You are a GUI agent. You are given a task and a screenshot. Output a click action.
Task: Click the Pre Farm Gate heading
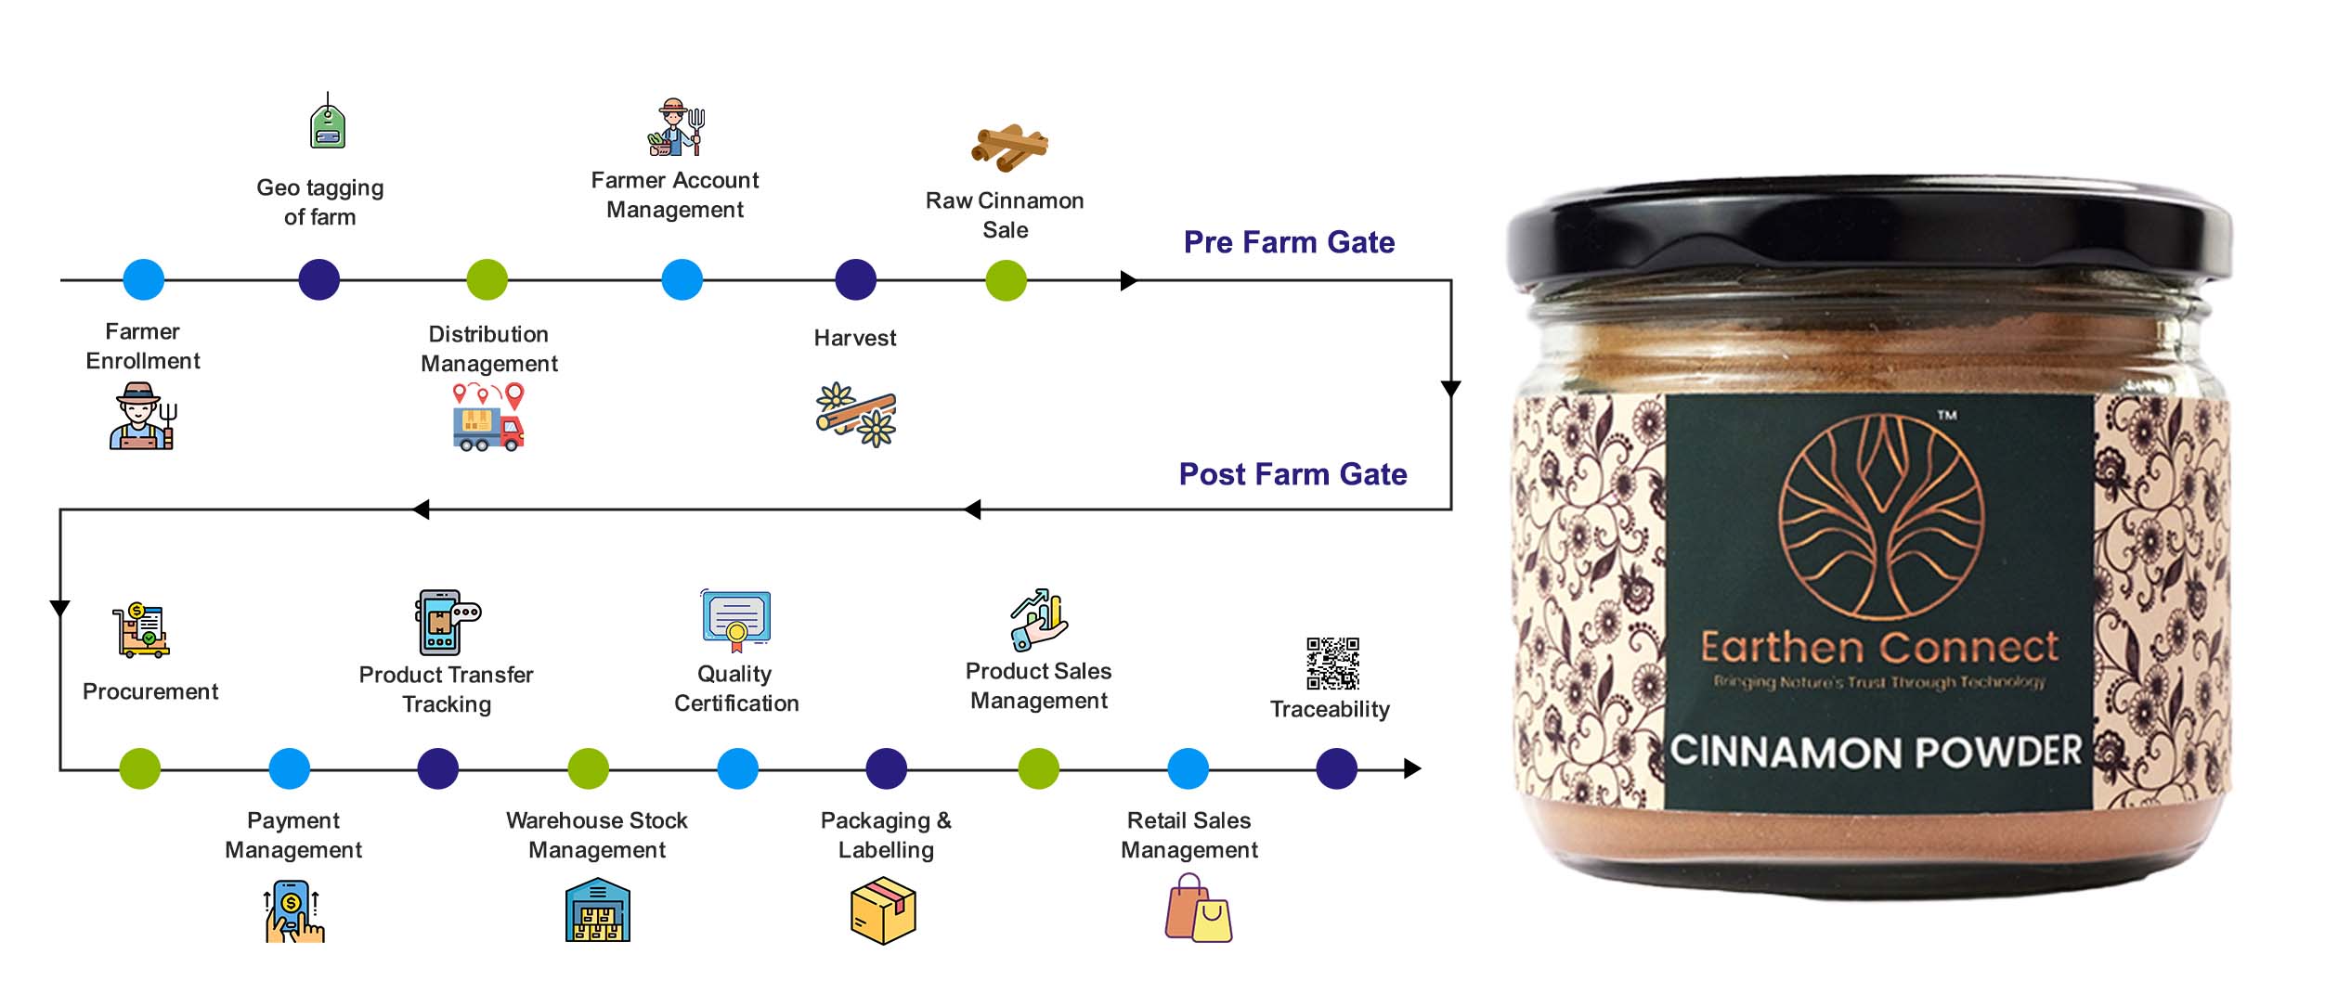(1289, 242)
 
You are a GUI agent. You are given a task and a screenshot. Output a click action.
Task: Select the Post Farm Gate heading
(1292, 474)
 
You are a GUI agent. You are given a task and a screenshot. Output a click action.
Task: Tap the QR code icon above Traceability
(1332, 663)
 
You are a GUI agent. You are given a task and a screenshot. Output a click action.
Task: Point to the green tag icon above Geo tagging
(327, 124)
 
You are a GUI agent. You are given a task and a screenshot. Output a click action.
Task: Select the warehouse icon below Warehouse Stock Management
(597, 912)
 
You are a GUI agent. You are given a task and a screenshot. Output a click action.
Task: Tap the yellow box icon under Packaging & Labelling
(883, 912)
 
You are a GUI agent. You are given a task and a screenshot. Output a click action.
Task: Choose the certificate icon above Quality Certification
(736, 620)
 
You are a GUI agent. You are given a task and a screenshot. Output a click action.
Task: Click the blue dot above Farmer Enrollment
(144, 279)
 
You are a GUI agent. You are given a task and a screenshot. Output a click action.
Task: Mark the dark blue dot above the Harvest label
(855, 279)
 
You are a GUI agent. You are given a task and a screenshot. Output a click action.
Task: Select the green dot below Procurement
(140, 768)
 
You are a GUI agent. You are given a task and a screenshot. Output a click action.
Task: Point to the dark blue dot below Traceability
(1336, 768)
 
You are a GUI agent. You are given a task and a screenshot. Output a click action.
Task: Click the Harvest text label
(854, 338)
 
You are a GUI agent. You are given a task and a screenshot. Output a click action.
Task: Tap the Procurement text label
(150, 691)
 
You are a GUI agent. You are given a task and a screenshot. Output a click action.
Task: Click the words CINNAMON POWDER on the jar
(1876, 752)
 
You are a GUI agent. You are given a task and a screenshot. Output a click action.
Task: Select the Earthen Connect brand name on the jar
(1878, 648)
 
